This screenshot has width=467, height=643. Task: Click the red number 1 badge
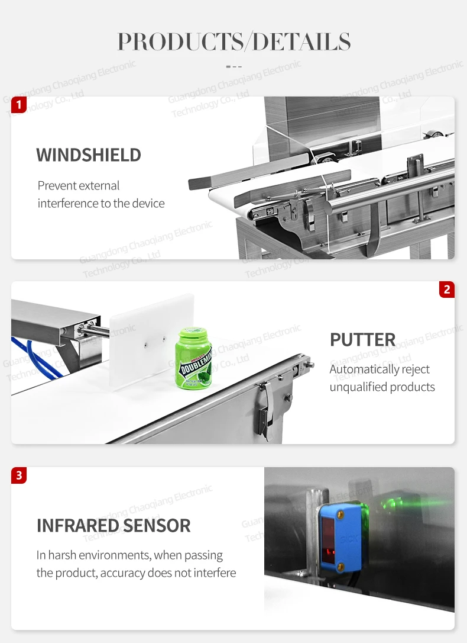[19, 105]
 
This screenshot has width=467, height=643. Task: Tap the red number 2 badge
[446, 290]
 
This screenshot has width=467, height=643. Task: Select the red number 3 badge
[19, 475]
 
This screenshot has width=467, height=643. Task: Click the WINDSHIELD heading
[89, 155]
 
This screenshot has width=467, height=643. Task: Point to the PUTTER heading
[362, 339]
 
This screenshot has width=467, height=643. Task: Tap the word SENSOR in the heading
[157, 525]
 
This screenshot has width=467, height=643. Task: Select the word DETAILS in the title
[301, 41]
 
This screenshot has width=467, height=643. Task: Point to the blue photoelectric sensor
[342, 537]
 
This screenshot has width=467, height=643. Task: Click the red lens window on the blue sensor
[328, 539]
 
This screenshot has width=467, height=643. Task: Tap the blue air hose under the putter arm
[37, 358]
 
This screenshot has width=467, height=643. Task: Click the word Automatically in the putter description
[358, 369]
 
